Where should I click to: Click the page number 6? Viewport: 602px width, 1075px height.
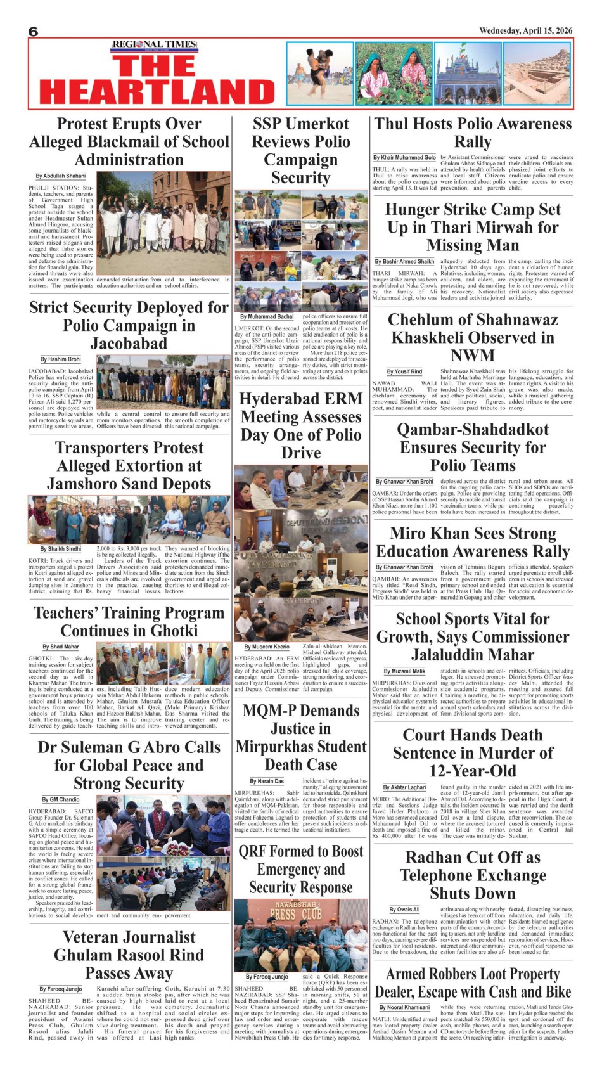[34, 32]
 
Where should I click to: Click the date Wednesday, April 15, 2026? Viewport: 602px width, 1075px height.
[525, 30]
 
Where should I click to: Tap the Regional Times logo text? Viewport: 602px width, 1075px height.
[154, 44]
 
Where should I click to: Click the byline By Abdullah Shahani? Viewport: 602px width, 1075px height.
[61, 176]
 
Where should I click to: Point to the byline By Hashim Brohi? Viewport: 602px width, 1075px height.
[61, 359]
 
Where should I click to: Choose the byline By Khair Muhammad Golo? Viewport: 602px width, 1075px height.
[404, 157]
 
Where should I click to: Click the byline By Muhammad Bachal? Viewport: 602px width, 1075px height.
[267, 316]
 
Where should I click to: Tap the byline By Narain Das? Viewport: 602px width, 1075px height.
[267, 782]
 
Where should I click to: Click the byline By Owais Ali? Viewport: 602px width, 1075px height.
[404, 910]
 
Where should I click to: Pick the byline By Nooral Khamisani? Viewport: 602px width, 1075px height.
[404, 1007]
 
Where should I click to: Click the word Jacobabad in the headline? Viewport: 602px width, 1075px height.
[129, 344]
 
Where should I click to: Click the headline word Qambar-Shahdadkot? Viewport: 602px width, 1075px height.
[473, 429]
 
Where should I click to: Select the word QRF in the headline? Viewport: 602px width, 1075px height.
[257, 851]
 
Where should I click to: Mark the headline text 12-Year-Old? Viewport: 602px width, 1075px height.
[473, 771]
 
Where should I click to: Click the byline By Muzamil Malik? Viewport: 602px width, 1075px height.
[404, 671]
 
